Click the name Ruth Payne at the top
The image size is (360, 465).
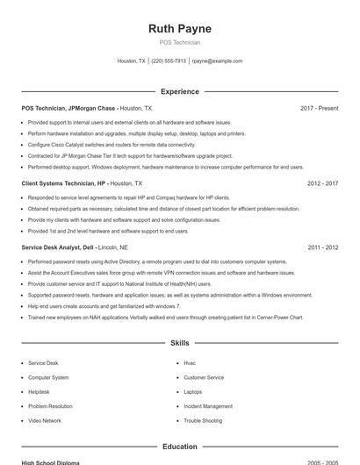(180, 29)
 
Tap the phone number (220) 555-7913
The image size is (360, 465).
(169, 61)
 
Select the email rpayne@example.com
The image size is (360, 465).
(217, 61)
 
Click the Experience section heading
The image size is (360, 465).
(180, 91)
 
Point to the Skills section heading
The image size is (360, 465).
(180, 343)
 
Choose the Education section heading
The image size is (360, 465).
(180, 447)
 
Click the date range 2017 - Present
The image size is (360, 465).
(319, 108)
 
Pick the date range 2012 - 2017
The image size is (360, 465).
(322, 183)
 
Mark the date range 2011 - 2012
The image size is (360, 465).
(322, 247)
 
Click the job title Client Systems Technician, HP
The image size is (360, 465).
(64, 183)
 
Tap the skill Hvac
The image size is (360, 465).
(190, 362)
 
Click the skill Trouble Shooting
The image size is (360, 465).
(203, 420)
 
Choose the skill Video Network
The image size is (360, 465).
(45, 420)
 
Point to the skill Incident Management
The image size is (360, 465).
(208, 406)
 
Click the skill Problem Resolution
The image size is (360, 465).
(50, 406)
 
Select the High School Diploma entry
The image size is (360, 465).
(50, 461)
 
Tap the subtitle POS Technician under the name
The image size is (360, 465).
(180, 42)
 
